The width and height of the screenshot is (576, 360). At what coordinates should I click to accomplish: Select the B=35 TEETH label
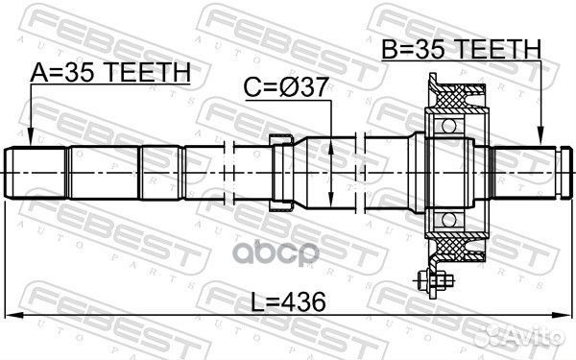(x=460, y=49)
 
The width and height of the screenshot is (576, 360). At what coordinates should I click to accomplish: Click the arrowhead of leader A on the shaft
(x=31, y=142)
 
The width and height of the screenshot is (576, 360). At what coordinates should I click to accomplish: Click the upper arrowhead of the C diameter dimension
(x=331, y=141)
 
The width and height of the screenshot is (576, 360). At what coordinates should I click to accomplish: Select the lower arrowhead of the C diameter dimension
(x=331, y=203)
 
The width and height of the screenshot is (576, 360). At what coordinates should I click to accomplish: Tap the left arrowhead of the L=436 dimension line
(x=12, y=315)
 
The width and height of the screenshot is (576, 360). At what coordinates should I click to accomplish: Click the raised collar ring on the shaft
(x=281, y=173)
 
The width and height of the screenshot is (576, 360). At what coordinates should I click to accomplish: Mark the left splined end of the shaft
(x=38, y=173)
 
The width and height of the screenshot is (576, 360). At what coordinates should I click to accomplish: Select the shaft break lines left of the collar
(x=228, y=173)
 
